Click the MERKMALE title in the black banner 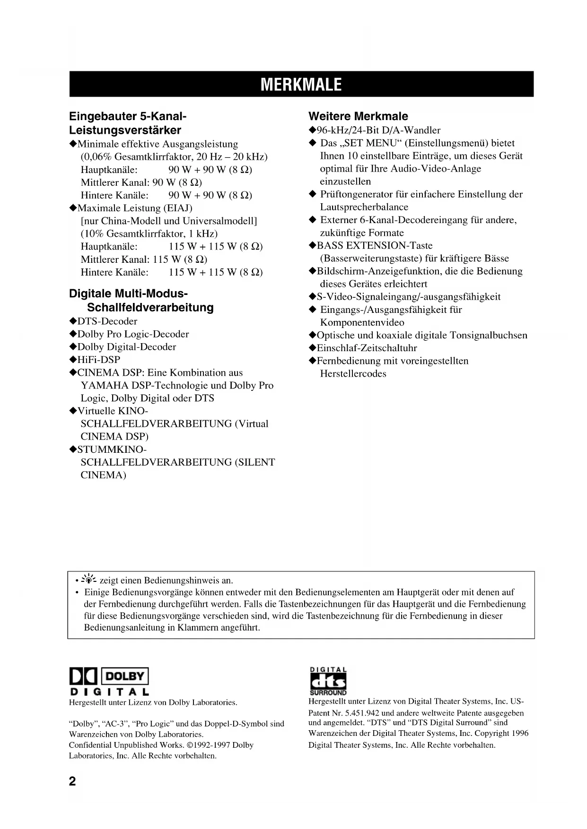point(301,85)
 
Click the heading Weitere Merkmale point(358,116)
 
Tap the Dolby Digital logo point(109,681)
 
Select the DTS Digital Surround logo point(328,681)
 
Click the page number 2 point(72,781)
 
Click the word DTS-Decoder point(107,321)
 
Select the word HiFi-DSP point(99,360)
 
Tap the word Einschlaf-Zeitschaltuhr point(367,348)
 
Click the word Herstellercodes point(353,374)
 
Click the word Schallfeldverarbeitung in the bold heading point(150,308)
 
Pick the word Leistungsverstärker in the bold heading point(125,130)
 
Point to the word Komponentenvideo point(362,323)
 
